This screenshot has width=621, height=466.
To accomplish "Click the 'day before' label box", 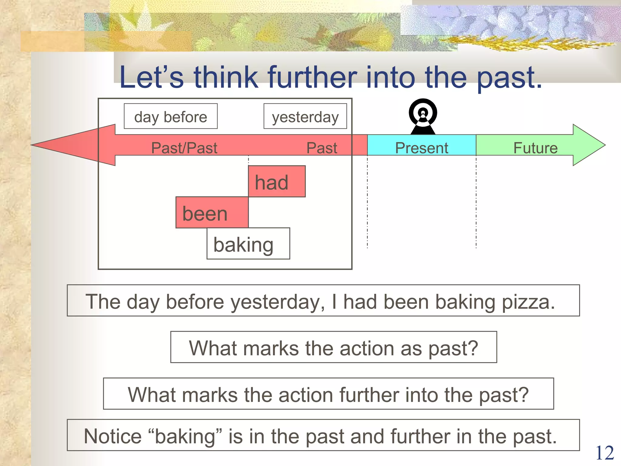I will point(170,116).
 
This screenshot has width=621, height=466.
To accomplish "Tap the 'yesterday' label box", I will point(305,116).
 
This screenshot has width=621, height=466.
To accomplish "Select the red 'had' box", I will point(277,181).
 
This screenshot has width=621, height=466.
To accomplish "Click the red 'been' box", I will point(212,213).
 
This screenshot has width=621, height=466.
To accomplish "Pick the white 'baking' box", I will point(248,244).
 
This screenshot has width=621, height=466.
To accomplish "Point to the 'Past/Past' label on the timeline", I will point(184,148).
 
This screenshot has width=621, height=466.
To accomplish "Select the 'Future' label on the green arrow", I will point(535,148).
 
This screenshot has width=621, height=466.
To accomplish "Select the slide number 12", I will point(604,453).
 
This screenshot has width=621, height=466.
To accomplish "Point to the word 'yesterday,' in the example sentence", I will point(278,302).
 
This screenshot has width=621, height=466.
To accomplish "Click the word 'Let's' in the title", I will point(151,77).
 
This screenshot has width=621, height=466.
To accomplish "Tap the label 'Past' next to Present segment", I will point(321,148).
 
